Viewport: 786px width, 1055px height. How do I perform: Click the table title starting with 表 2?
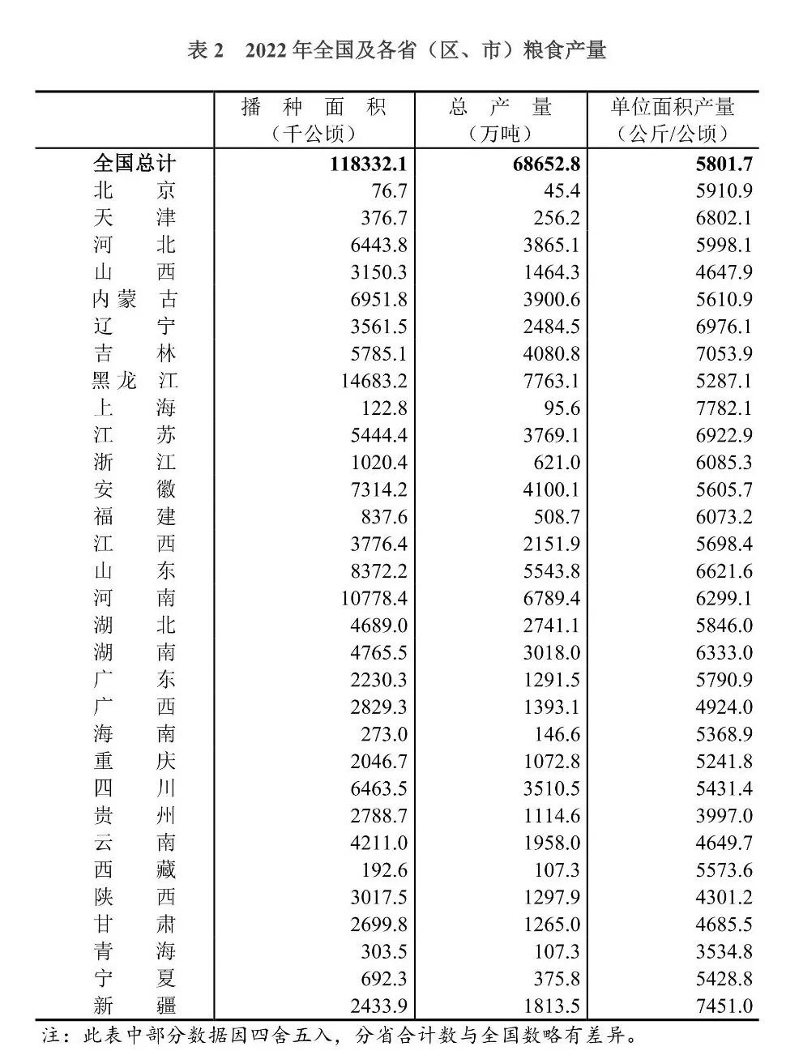coord(396,50)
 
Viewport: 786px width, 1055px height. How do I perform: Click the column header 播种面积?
coord(314,107)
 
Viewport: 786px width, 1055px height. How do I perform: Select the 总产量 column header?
coord(500,107)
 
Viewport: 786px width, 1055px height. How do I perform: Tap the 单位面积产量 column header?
coord(673,107)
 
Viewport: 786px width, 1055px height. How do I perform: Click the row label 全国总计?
coord(134,163)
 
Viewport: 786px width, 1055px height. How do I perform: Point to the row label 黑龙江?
coord(134,381)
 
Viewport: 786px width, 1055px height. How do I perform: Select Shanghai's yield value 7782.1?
coord(724,408)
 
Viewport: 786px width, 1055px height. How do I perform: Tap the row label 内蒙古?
coord(134,299)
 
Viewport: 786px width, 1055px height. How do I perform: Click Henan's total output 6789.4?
coord(551,599)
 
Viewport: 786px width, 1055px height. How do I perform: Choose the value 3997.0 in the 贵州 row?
coord(724,816)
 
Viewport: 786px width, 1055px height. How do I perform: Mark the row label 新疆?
coord(134,1006)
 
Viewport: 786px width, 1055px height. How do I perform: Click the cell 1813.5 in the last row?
coord(551,1006)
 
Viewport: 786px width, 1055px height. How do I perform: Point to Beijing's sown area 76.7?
coord(386,190)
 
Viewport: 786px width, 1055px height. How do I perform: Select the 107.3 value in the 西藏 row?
coord(556,870)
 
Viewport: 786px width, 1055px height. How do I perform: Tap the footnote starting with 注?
coord(340,1036)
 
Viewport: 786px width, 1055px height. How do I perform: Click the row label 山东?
coord(134,571)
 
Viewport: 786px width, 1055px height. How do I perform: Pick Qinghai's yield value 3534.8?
coord(724,952)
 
